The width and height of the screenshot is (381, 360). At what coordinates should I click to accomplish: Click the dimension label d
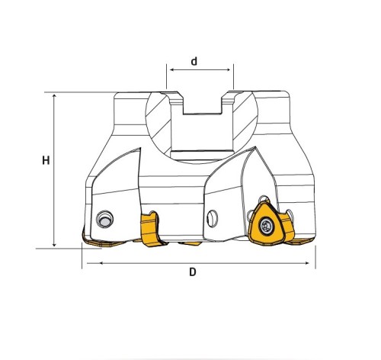194,61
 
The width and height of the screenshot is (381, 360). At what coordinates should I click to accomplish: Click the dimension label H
46,160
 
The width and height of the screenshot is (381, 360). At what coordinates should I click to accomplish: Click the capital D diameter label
193,272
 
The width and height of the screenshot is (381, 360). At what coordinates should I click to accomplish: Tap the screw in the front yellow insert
266,225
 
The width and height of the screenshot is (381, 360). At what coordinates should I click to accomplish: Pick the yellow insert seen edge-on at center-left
152,229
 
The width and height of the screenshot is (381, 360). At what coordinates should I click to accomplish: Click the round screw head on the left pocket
104,219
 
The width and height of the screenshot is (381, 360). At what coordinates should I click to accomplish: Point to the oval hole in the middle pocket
212,218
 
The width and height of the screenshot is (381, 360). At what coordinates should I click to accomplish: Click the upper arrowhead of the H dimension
54,96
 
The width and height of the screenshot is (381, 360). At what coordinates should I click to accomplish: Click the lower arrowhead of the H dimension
54,244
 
